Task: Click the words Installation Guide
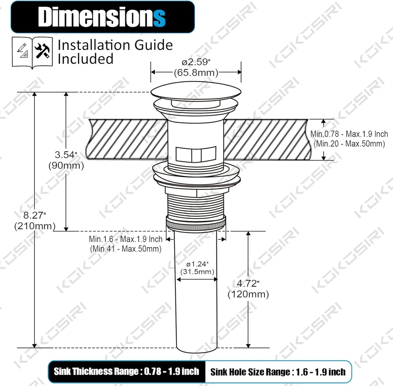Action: point(115,45)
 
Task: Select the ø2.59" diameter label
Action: point(196,62)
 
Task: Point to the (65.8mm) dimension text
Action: point(196,72)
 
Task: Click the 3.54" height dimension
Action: point(66,155)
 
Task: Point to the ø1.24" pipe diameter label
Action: point(197,264)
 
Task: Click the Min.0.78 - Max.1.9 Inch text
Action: point(349,134)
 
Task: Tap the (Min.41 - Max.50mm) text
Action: point(125,249)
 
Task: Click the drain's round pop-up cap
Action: point(196,91)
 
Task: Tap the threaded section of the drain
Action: point(196,203)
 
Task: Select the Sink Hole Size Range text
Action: point(278,372)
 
